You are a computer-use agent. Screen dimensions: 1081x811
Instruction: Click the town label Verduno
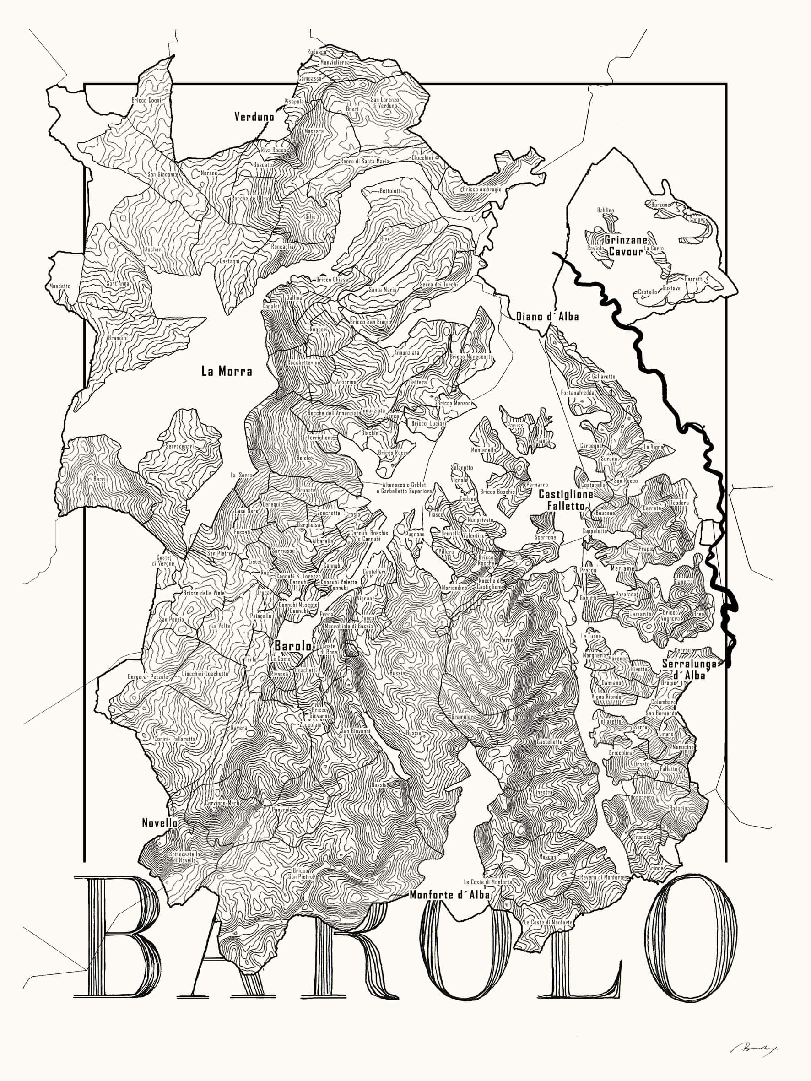point(254,117)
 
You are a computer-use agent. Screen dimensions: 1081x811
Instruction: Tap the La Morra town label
point(227,372)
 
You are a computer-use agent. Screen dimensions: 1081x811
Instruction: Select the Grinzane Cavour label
point(626,246)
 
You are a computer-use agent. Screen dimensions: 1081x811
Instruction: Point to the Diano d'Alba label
point(547,317)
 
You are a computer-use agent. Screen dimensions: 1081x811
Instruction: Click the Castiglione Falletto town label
point(566,500)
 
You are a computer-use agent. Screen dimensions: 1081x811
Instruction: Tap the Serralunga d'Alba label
point(688,670)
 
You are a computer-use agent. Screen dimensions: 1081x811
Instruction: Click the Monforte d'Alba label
point(449,895)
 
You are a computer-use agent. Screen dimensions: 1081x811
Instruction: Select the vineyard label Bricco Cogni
point(146,100)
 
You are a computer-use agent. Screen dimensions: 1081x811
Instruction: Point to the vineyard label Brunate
point(307,490)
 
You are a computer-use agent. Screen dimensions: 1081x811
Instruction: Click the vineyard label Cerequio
point(273,504)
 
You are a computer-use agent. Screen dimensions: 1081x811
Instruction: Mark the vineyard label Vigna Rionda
point(606,697)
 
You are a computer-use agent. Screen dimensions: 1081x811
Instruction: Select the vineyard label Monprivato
point(480,520)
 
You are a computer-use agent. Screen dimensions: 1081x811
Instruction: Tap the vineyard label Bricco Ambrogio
point(481,189)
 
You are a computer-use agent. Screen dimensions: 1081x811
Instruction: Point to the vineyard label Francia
point(641,837)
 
